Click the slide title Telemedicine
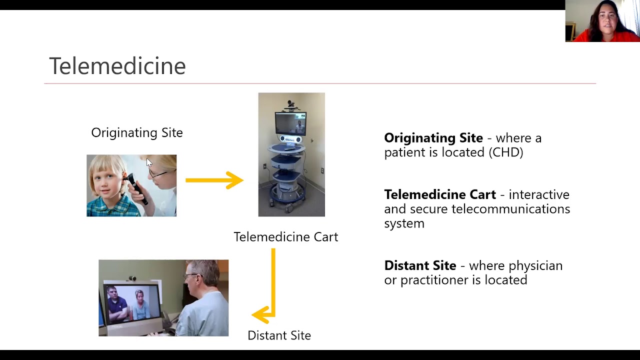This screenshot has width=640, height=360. tap(117, 66)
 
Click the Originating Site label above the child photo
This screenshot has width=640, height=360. tap(136, 132)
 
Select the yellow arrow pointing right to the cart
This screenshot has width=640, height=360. tap(214, 180)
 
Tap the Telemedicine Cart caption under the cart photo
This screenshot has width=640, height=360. tap(285, 236)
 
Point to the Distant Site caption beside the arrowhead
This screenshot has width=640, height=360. tap(279, 335)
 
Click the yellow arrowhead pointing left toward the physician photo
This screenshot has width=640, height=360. tap(261, 315)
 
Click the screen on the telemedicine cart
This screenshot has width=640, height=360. tap(290, 123)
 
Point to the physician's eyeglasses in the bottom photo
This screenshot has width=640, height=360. tap(190, 275)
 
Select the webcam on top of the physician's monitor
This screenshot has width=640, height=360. tap(132, 278)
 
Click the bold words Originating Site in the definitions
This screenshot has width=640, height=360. tap(433, 138)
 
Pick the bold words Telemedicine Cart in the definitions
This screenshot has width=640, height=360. tap(439, 194)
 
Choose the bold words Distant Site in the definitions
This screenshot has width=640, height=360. tap(420, 265)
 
